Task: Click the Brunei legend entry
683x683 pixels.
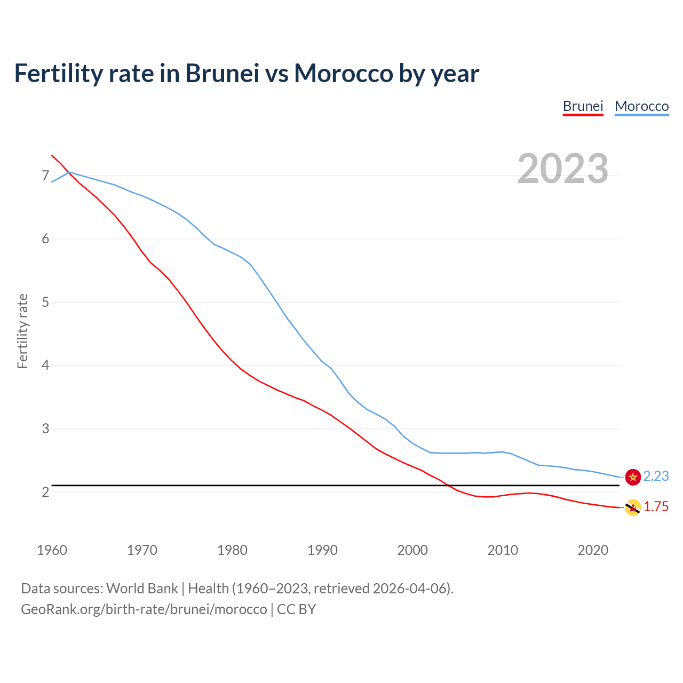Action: (x=583, y=106)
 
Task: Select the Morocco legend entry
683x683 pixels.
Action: (x=641, y=106)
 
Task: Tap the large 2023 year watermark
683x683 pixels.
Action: (x=562, y=169)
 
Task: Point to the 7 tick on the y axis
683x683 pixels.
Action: (x=45, y=176)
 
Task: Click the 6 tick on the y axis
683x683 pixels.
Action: (x=45, y=239)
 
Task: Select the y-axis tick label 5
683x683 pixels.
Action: (x=45, y=302)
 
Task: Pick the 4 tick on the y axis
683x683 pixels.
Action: (x=45, y=366)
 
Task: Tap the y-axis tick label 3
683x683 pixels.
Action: (x=45, y=428)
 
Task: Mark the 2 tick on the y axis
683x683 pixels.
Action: (x=45, y=492)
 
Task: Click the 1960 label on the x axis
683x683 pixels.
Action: (x=52, y=550)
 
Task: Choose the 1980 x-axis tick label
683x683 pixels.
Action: (x=232, y=550)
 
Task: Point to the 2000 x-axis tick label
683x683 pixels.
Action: (x=412, y=550)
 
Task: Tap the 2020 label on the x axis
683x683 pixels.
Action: (x=593, y=550)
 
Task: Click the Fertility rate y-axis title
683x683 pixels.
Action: (x=22, y=331)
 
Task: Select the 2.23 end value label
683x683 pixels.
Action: (x=656, y=476)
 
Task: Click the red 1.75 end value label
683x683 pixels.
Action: (x=656, y=507)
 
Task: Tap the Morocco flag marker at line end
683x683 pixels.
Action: (x=633, y=477)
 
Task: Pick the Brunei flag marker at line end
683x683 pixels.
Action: (x=633, y=508)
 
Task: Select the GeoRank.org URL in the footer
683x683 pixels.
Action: (x=144, y=609)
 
